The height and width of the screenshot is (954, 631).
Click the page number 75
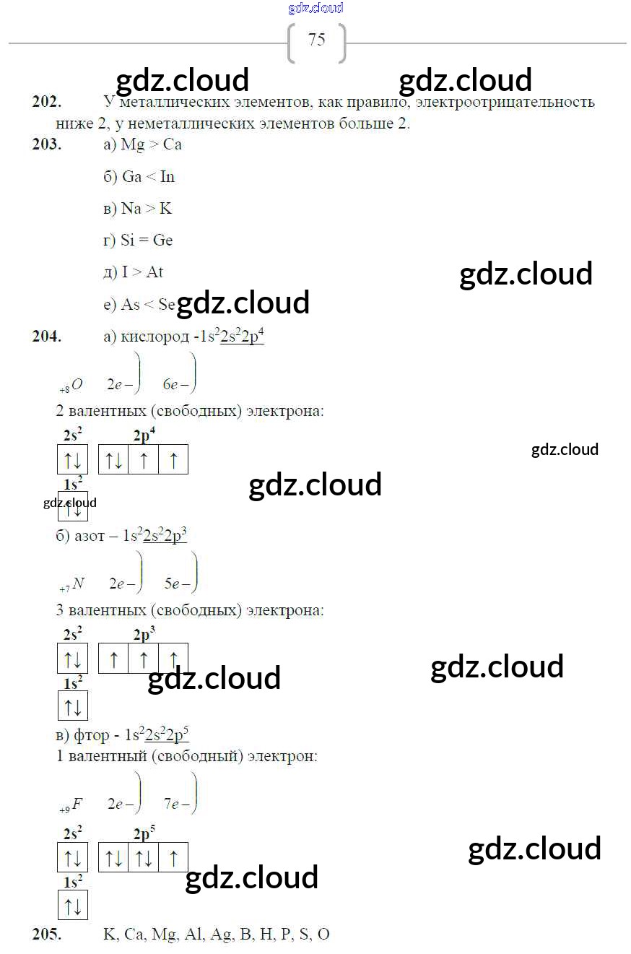click(x=316, y=40)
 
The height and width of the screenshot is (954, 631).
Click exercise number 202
click(x=46, y=102)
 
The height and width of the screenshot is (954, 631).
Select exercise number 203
click(x=46, y=144)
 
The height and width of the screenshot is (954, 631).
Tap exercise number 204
click(x=46, y=336)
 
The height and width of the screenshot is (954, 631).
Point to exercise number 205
click(x=46, y=935)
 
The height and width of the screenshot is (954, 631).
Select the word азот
click(x=90, y=536)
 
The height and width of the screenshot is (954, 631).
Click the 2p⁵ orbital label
click(x=144, y=833)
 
